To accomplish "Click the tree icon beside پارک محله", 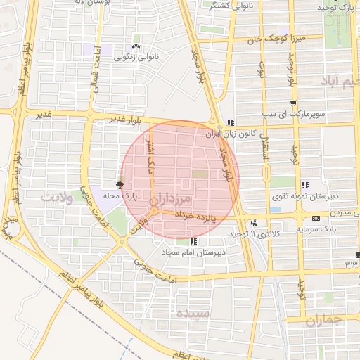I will point(120,185).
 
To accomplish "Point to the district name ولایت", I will point(57,196).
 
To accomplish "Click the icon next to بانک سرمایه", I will point(316,217).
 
